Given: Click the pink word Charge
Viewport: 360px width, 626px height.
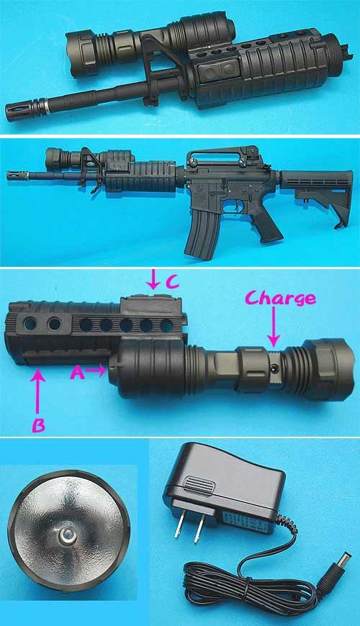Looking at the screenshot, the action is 280,298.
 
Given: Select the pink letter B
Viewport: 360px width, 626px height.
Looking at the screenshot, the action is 38,426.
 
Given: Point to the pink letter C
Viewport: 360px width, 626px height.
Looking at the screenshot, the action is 172,282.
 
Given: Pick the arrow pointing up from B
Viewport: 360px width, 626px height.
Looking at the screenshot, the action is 38,391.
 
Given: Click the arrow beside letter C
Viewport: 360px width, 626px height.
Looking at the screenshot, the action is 153,279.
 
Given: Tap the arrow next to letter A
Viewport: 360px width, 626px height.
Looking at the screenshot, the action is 95,370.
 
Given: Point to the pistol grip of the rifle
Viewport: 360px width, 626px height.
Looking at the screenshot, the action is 266,224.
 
